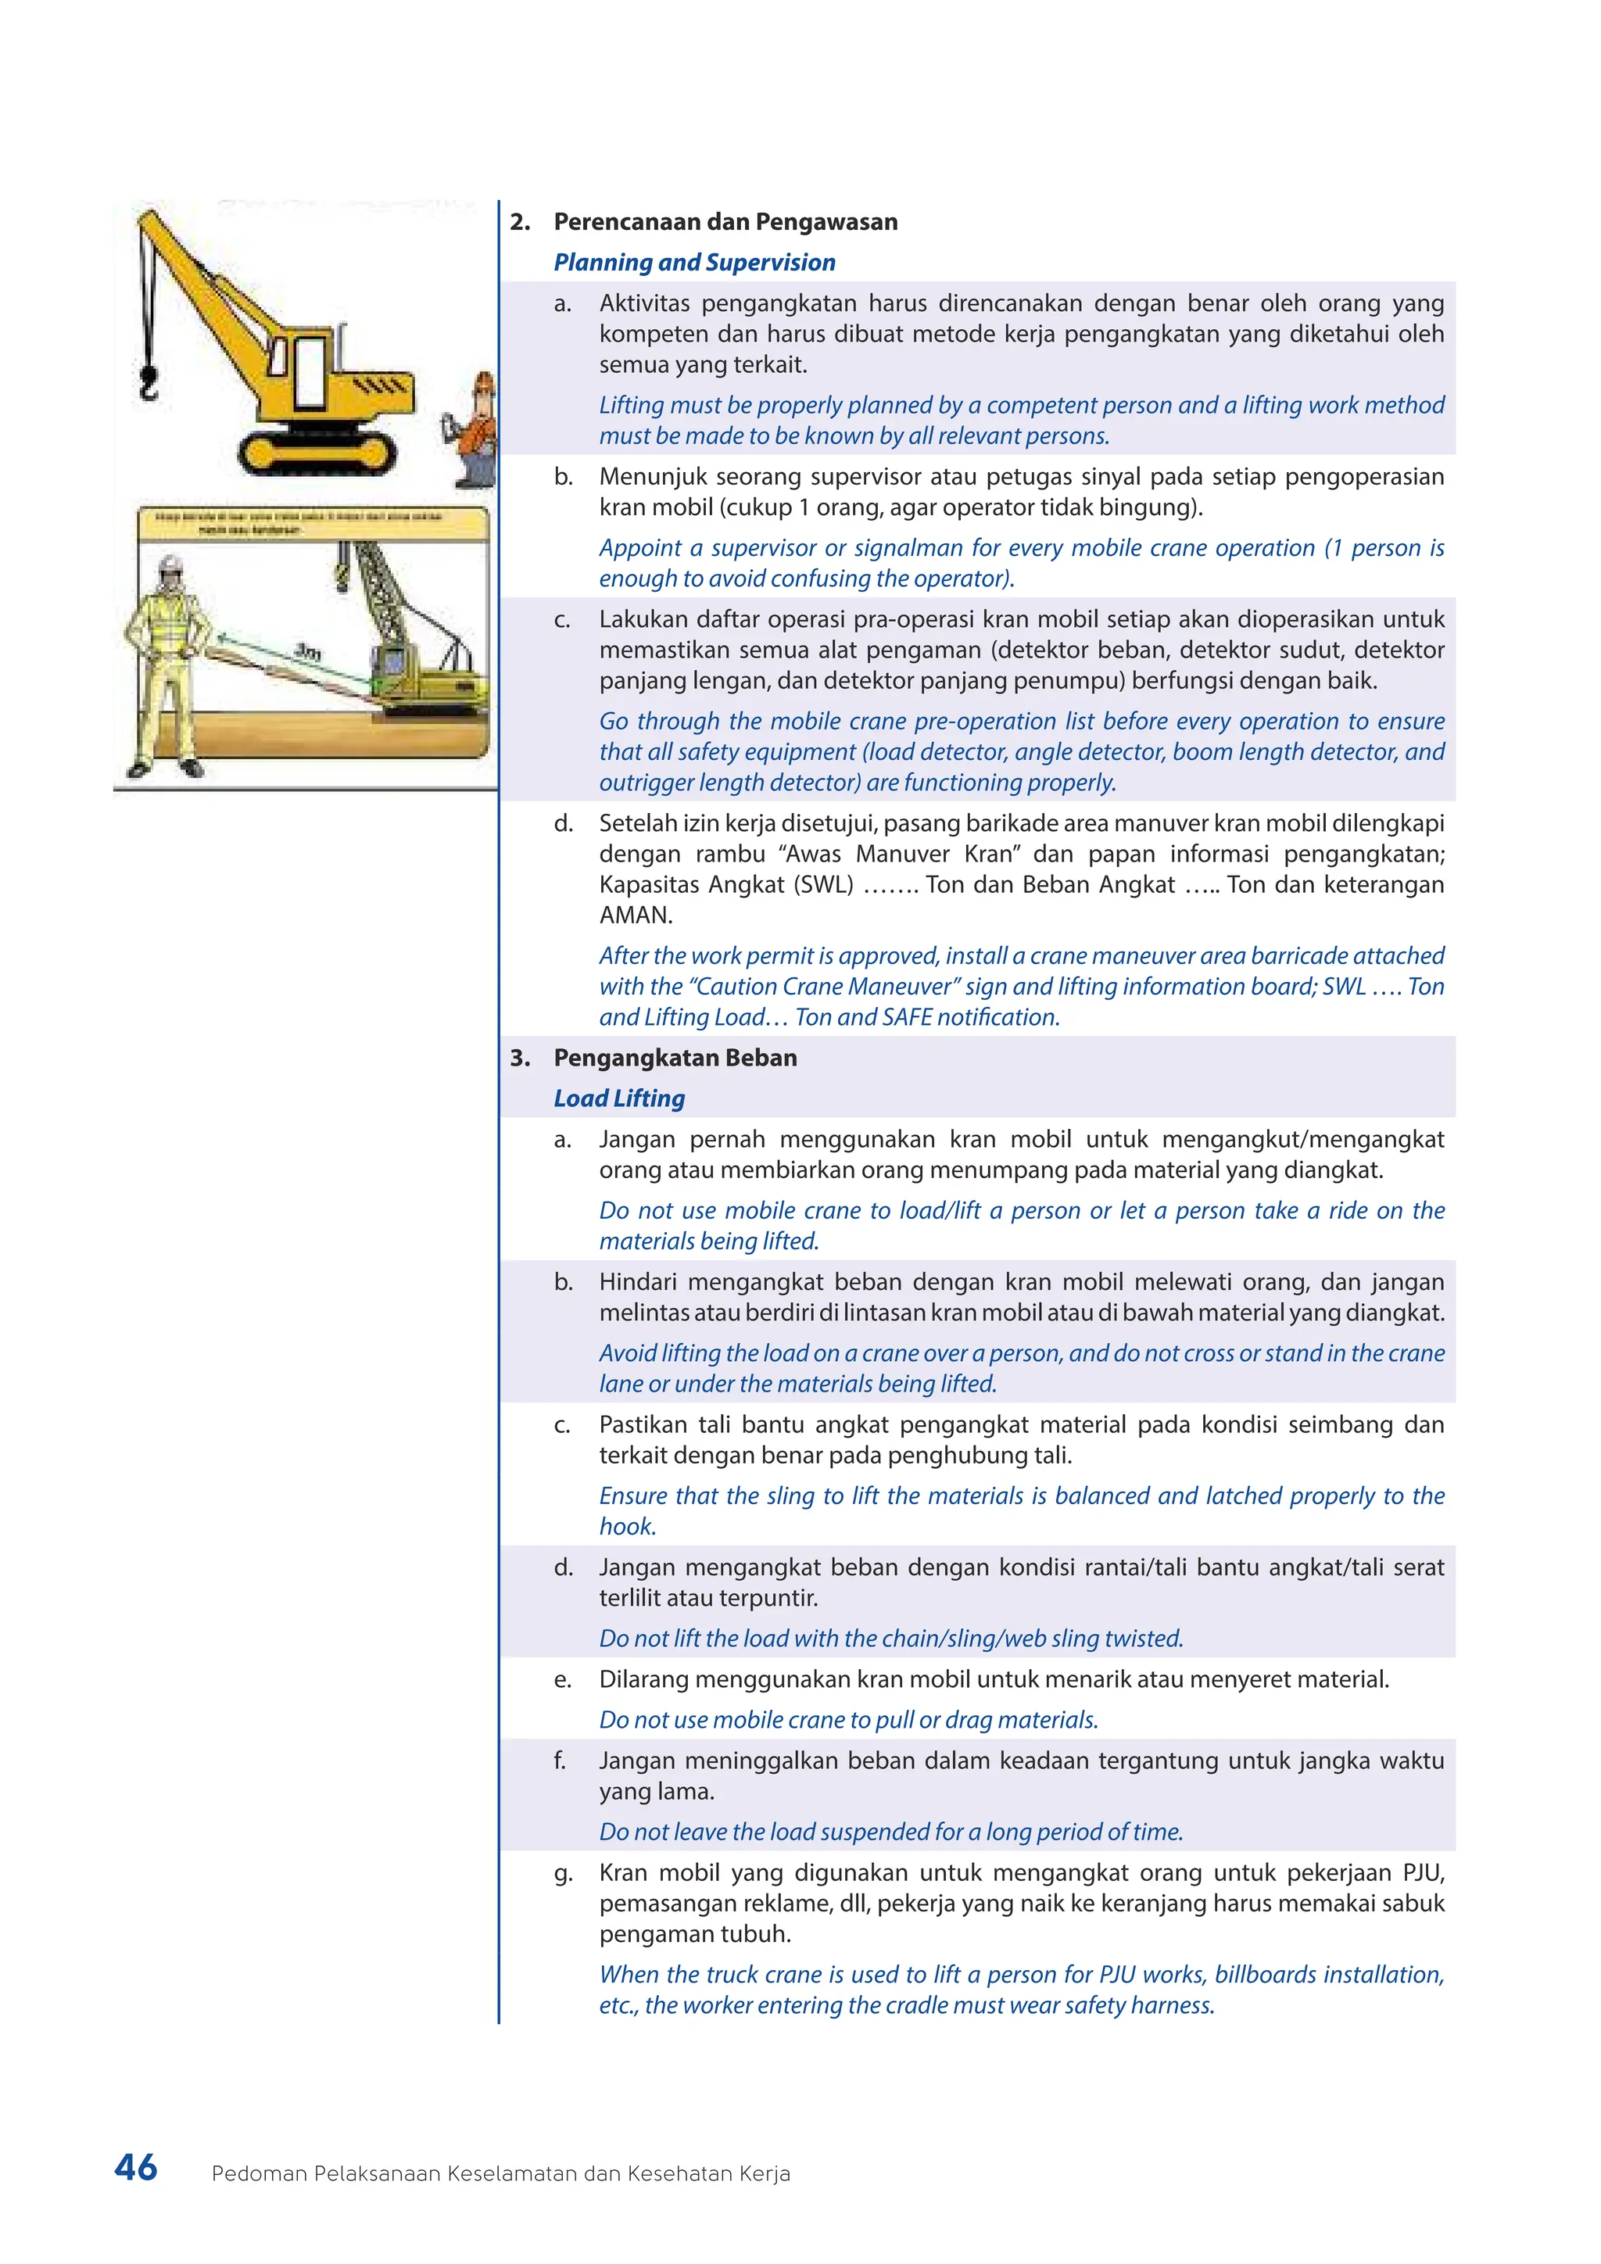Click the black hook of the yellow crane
148,381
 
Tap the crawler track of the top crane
317,452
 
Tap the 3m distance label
307,652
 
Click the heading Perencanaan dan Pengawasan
725,222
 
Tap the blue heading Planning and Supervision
694,263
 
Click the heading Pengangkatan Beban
675,1058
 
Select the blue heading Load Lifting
619,1098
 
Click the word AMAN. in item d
635,915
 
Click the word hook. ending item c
627,1527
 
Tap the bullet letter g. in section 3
562,1872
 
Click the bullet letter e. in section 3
562,1679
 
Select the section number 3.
520,1058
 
